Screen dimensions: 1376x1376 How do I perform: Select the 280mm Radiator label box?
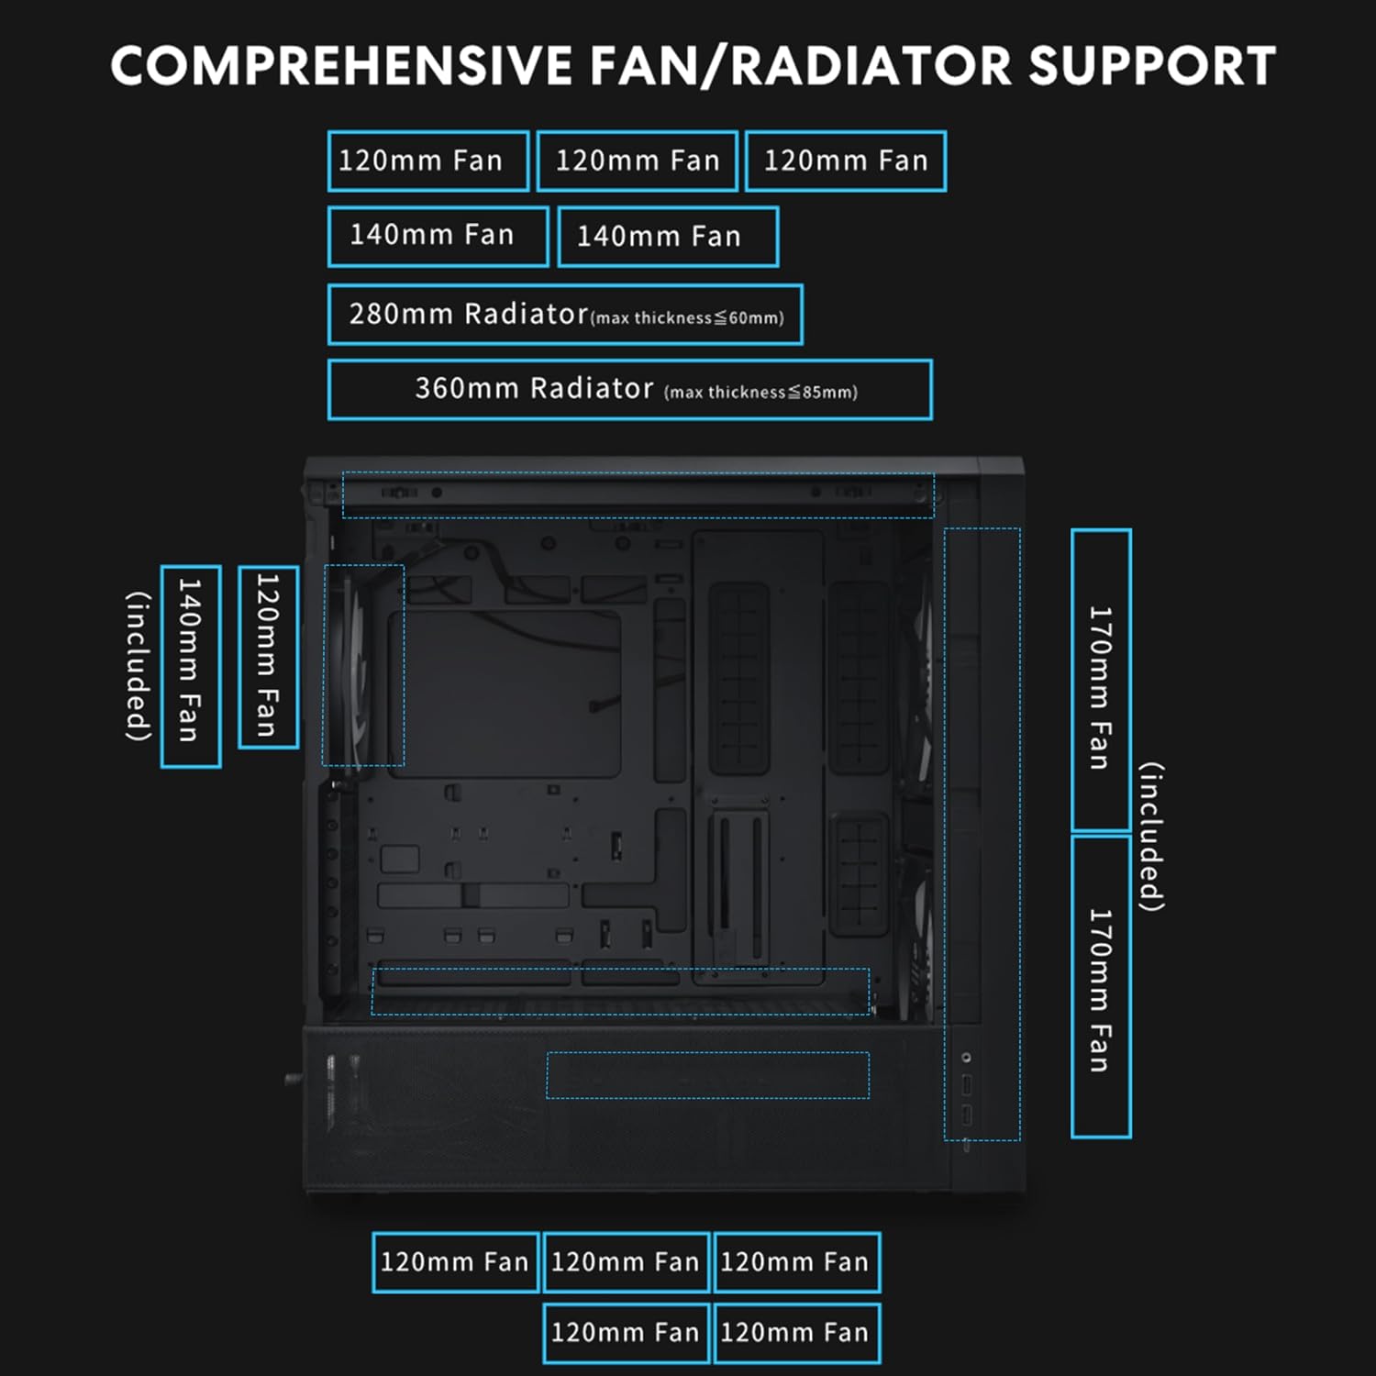point(565,315)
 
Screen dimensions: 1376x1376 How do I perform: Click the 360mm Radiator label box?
point(629,390)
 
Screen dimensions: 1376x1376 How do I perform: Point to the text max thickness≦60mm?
point(687,318)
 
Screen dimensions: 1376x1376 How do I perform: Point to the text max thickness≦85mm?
point(760,393)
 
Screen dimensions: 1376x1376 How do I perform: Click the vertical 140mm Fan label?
point(190,667)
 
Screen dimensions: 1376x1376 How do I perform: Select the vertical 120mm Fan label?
point(268,657)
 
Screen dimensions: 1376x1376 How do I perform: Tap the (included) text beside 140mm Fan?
point(139,666)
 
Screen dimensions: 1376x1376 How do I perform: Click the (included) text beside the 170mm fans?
point(1152,837)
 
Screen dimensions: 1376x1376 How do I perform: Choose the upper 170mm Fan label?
point(1101,681)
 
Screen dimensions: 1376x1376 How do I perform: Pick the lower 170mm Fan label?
point(1101,987)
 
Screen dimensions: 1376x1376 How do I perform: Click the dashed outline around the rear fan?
point(363,665)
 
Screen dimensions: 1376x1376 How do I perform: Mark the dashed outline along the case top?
point(638,495)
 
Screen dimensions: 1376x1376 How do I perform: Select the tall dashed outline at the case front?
point(982,834)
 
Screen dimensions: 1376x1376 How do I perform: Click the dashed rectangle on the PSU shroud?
point(707,1075)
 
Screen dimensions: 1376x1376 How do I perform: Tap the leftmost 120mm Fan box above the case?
point(427,161)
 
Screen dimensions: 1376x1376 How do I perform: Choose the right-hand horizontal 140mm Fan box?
point(668,237)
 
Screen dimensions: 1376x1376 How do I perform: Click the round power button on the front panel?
point(966,1058)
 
